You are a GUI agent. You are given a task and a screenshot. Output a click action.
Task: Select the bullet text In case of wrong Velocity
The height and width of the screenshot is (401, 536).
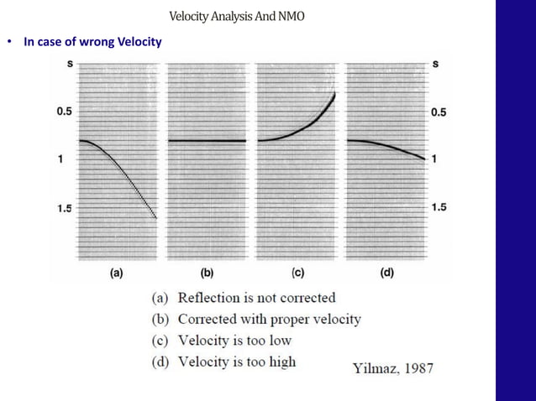pyautogui.click(x=92, y=41)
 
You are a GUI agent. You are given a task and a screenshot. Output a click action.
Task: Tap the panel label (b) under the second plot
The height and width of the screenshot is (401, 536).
pyautogui.click(x=207, y=273)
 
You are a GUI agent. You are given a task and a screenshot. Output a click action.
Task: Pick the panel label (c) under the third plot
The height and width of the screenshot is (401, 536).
pyautogui.click(x=297, y=273)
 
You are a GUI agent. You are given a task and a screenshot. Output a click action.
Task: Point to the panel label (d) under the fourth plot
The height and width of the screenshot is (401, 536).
pyautogui.click(x=387, y=273)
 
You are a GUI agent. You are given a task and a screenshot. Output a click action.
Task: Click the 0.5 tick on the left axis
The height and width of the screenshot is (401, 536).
pyautogui.click(x=65, y=112)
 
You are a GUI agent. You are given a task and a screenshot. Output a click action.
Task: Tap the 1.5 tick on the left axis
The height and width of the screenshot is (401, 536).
pyautogui.click(x=65, y=208)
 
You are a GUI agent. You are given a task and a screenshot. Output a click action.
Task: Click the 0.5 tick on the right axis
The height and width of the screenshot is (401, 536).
pyautogui.click(x=439, y=112)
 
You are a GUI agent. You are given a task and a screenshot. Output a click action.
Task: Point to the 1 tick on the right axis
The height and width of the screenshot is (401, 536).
pyautogui.click(x=434, y=159)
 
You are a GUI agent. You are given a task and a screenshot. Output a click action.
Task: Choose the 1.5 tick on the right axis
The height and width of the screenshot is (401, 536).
pyautogui.click(x=439, y=208)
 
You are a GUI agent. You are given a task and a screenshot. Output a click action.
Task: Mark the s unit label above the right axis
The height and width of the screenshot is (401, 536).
pyautogui.click(x=434, y=65)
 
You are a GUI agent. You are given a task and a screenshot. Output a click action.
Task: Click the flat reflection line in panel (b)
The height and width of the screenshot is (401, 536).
pyautogui.click(x=207, y=140)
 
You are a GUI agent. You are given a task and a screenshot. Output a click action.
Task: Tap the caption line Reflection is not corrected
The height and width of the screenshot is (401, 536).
pyautogui.click(x=244, y=298)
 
